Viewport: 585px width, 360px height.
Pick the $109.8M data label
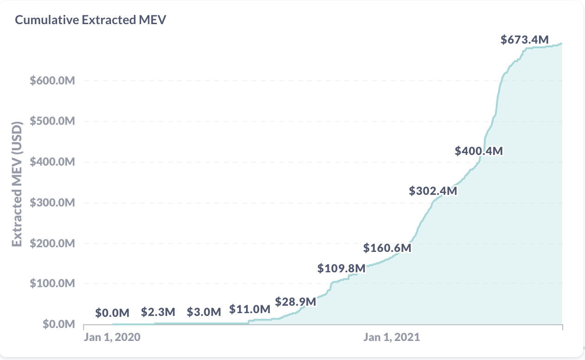click(x=342, y=268)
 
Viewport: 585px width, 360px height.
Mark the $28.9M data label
click(x=296, y=302)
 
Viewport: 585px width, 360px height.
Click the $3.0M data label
click(x=204, y=312)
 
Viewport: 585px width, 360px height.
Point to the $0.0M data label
click(x=112, y=313)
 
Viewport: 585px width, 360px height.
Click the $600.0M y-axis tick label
click(x=52, y=81)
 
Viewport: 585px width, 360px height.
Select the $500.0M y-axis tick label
click(x=52, y=122)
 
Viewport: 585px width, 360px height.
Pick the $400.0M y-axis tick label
click(x=52, y=162)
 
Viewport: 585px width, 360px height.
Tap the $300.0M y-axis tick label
click(x=52, y=203)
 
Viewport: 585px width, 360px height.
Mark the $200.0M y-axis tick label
click(x=52, y=244)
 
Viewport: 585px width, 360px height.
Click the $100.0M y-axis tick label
click(x=52, y=284)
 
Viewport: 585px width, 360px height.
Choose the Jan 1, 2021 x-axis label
click(x=391, y=337)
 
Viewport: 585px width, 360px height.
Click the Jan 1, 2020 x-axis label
click(x=112, y=337)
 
